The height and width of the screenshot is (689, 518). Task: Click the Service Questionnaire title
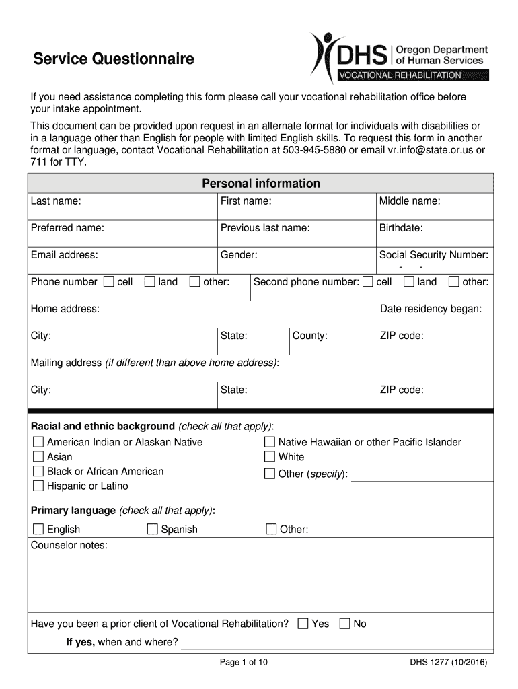tap(114, 59)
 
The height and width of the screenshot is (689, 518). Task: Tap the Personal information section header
tap(261, 184)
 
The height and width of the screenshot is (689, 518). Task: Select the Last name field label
tap(56, 201)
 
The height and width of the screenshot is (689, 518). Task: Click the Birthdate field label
tap(401, 228)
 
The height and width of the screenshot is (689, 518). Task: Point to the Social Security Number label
tap(433, 255)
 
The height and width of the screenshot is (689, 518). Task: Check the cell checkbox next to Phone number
tap(109, 282)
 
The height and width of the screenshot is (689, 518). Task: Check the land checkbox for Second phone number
tap(408, 282)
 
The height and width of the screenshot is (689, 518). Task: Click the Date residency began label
tap(431, 309)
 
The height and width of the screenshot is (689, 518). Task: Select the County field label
tap(309, 336)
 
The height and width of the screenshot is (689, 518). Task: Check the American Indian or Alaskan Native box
tap(38, 442)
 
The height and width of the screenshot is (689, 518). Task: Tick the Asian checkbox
tap(38, 457)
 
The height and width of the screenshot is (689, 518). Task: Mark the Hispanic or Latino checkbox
tap(38, 486)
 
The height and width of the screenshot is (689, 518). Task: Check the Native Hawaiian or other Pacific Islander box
tap(270, 442)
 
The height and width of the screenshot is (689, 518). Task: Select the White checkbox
tap(270, 457)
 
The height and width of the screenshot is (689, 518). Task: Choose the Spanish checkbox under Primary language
tap(153, 529)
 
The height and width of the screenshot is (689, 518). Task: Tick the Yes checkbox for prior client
tap(303, 624)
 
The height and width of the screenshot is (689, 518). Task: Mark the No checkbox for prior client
tap(345, 624)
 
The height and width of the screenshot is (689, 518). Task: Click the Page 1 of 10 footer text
tap(244, 663)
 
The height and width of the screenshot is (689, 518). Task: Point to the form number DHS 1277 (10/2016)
tap(449, 663)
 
